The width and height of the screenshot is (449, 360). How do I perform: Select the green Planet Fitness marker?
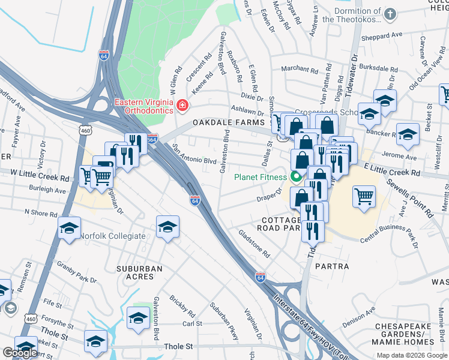(295, 176)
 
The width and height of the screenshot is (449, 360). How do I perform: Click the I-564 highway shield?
(152, 138)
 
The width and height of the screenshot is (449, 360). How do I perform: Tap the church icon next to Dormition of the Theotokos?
(390, 13)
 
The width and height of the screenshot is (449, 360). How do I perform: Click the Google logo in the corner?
(20, 353)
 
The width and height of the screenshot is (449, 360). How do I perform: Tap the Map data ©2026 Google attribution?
(412, 355)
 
